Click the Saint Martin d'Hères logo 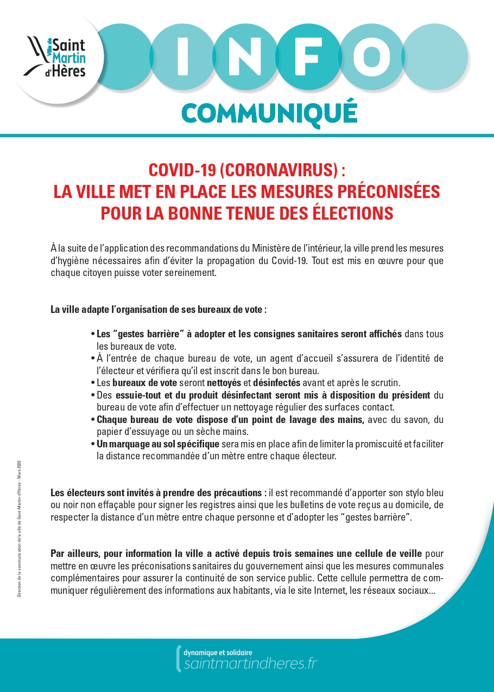pos(57,56)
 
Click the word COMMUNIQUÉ pos(269,112)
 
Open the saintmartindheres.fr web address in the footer pos(251,664)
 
